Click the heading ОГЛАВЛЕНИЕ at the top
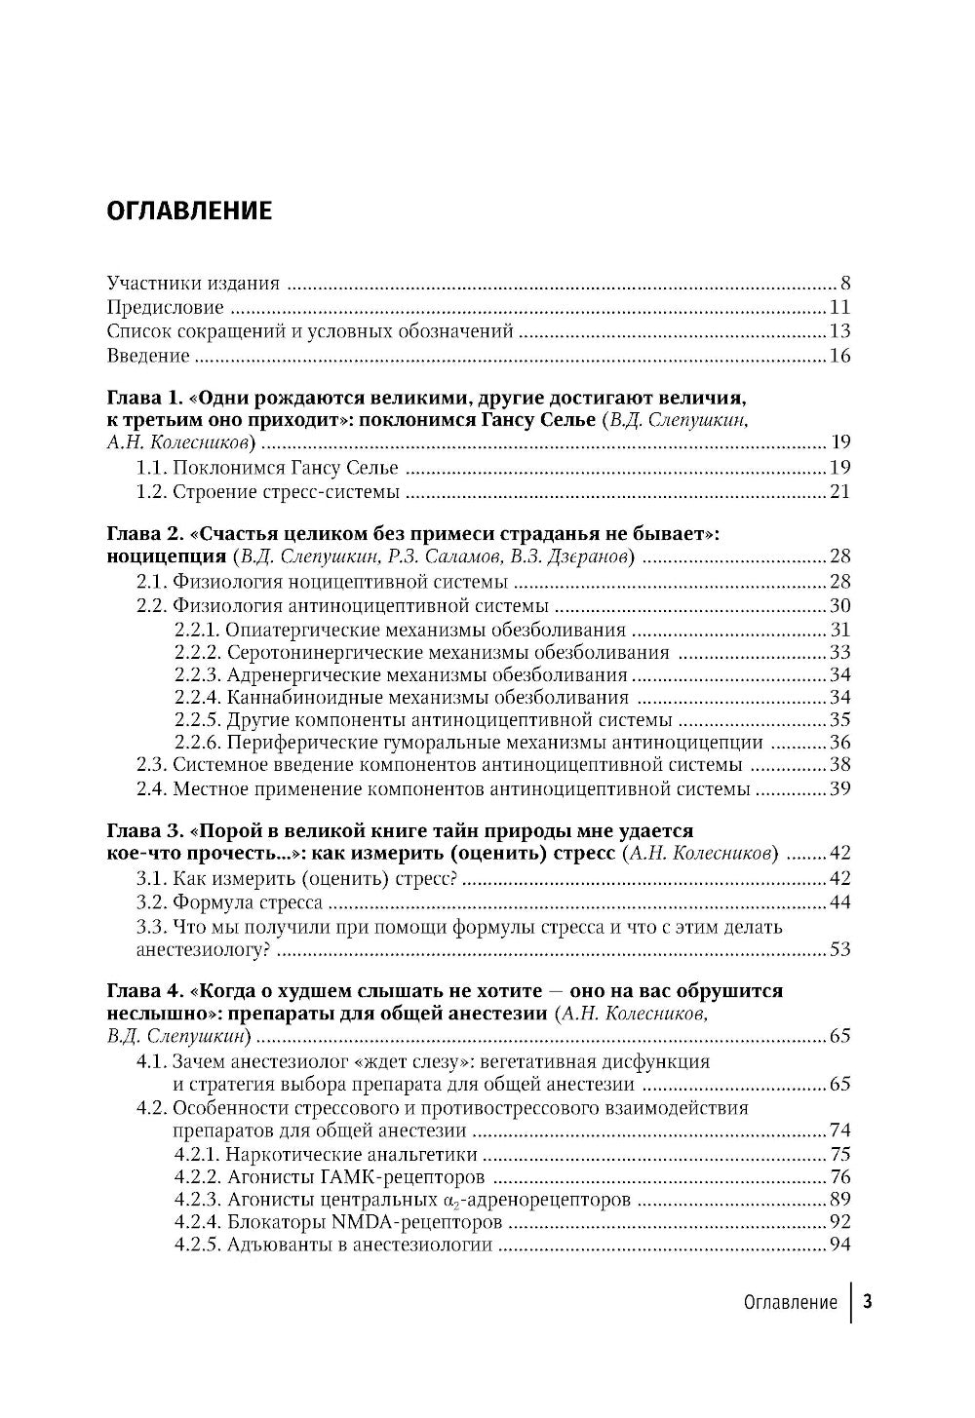click(x=189, y=211)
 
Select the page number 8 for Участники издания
click(x=845, y=284)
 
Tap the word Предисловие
click(x=165, y=308)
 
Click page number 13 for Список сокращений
click(x=840, y=331)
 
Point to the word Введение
click(x=147, y=356)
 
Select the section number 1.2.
click(x=152, y=491)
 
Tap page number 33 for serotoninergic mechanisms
click(x=840, y=653)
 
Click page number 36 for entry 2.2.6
click(x=840, y=743)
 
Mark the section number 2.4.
click(x=152, y=788)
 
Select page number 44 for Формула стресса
click(x=840, y=902)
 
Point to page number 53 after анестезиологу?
click(x=840, y=949)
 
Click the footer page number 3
click(x=868, y=1302)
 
